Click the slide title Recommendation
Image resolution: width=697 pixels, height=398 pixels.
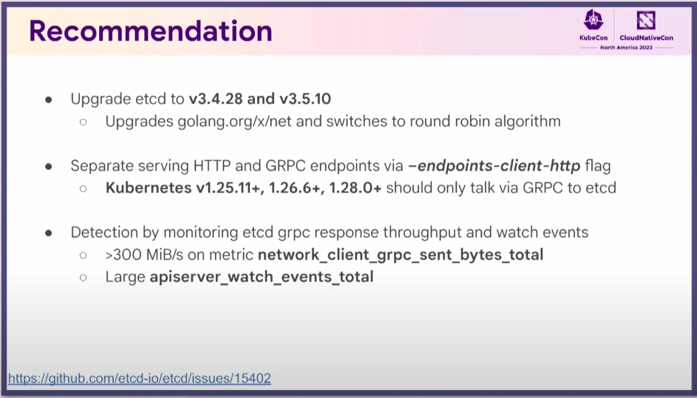click(x=151, y=31)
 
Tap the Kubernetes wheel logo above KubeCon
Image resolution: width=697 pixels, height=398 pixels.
click(x=593, y=20)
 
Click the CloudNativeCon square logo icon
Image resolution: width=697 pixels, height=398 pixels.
click(x=646, y=20)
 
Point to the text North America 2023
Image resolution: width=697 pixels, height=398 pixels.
click(x=626, y=48)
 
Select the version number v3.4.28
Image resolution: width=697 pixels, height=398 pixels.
click(x=216, y=99)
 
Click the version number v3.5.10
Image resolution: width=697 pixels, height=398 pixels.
click(x=305, y=99)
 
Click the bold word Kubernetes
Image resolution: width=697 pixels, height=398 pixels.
click(x=148, y=188)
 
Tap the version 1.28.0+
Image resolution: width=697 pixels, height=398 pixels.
click(x=355, y=188)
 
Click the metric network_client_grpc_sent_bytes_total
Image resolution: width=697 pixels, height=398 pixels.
click(x=401, y=255)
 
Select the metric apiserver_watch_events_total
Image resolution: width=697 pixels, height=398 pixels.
click(x=262, y=277)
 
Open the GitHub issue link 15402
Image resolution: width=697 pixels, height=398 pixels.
click(x=139, y=378)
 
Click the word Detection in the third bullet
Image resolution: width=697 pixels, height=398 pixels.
click(x=104, y=232)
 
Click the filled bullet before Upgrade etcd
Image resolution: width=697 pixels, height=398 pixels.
click(x=48, y=100)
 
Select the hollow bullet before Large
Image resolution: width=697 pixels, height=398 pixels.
click(x=83, y=277)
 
